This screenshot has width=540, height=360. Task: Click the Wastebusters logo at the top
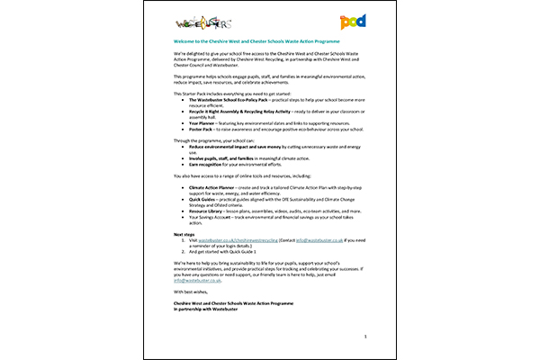click(191, 21)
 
